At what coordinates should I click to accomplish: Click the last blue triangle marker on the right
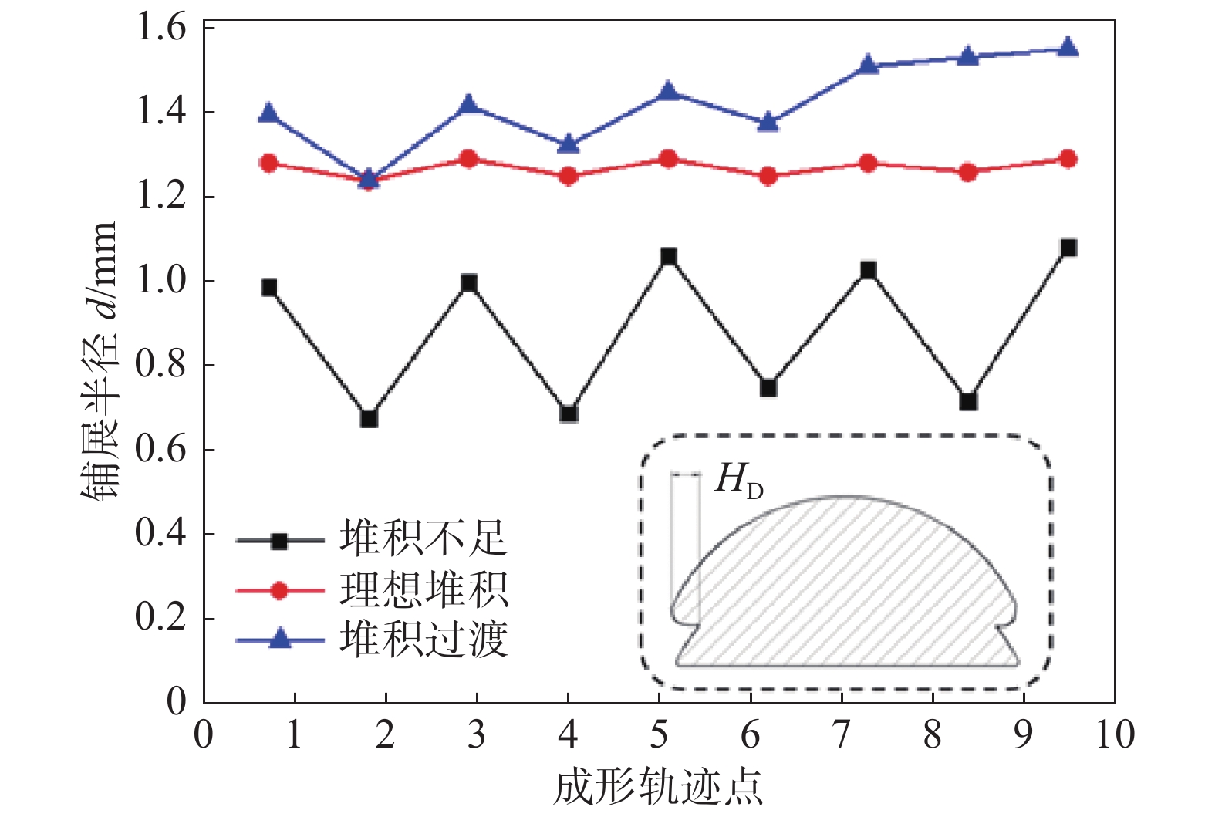point(1068,48)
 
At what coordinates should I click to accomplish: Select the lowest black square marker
point(369,419)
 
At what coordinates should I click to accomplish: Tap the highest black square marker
point(1068,248)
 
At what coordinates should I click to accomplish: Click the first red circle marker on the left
point(268,163)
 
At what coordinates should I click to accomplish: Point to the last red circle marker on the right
point(1068,159)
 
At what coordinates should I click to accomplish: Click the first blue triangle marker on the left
point(268,113)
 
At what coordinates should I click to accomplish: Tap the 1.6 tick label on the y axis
point(161,28)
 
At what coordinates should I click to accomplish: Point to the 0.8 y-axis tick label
point(161,364)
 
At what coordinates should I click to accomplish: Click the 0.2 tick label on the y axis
point(161,617)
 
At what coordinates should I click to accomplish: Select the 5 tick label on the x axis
point(659,734)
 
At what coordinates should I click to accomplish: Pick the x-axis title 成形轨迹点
point(658,788)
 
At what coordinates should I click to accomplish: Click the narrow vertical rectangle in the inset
point(686,548)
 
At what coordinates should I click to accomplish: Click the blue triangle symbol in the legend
point(279,640)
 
